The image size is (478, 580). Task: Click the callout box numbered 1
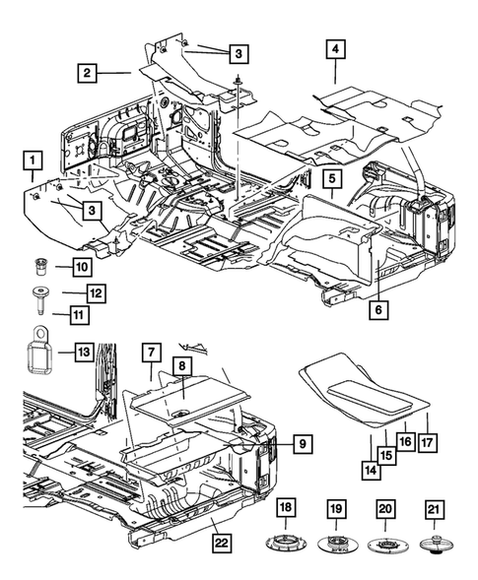(35, 159)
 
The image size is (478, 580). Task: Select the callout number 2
(90, 72)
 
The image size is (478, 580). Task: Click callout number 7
(151, 351)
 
